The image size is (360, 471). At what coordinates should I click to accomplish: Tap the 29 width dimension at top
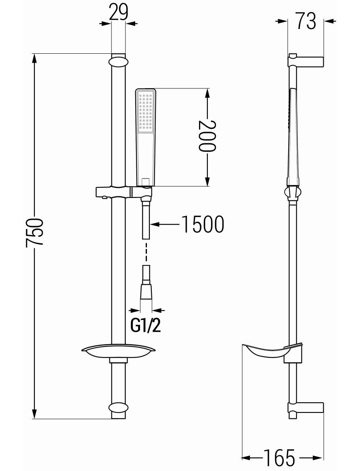[119, 13]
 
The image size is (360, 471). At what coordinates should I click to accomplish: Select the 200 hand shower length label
[207, 136]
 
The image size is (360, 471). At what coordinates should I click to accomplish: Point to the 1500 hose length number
[203, 224]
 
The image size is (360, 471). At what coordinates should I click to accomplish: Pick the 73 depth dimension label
[306, 21]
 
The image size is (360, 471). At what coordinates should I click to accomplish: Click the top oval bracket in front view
[119, 62]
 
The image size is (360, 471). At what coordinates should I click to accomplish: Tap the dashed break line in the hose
[146, 253]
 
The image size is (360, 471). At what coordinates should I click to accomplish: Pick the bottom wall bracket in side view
[306, 410]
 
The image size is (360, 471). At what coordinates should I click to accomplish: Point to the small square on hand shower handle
[146, 181]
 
